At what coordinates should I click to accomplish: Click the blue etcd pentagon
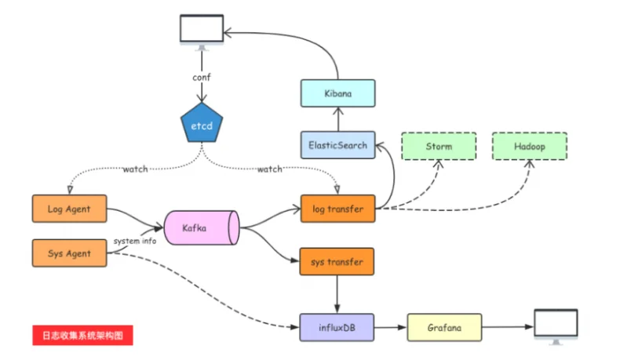click(x=202, y=123)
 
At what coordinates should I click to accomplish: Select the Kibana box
click(x=337, y=93)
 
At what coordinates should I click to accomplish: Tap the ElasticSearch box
click(x=337, y=145)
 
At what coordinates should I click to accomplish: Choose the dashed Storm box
click(x=439, y=146)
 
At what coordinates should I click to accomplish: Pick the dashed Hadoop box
click(x=530, y=146)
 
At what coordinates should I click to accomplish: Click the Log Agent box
click(x=69, y=209)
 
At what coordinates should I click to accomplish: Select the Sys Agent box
click(x=69, y=253)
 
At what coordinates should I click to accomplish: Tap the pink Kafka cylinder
click(x=202, y=227)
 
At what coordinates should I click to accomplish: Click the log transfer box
click(x=337, y=209)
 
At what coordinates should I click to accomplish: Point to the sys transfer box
click(x=337, y=261)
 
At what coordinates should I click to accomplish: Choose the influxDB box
click(x=337, y=327)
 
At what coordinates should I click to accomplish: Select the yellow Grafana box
click(x=444, y=327)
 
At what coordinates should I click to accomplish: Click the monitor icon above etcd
click(x=202, y=32)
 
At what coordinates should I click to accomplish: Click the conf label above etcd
click(x=202, y=78)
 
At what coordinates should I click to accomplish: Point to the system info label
click(x=135, y=241)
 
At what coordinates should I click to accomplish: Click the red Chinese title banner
click(x=82, y=335)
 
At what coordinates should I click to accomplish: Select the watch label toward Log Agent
click(x=136, y=169)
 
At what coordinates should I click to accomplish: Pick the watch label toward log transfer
click(x=269, y=169)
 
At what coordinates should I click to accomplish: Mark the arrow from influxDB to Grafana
click(x=390, y=327)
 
